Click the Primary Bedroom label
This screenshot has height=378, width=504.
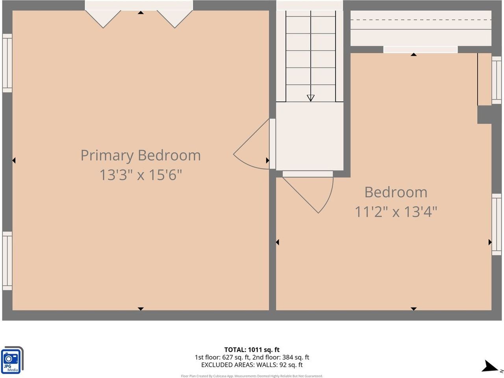141,155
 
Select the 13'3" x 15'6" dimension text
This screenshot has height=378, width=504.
141,174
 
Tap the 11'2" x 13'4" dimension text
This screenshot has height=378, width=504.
396,212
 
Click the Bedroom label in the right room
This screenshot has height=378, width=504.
396,192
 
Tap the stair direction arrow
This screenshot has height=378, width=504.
311,98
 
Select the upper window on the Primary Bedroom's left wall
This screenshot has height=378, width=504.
7,63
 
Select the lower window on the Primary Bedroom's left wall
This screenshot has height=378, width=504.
7,261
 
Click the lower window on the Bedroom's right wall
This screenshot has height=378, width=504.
497,224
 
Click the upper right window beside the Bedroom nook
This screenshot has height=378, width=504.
497,80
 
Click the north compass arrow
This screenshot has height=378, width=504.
491,367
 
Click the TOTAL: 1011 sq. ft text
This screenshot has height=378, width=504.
252,350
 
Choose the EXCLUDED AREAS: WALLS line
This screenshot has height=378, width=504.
252,365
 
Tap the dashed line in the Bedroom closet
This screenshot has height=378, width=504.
421,20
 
